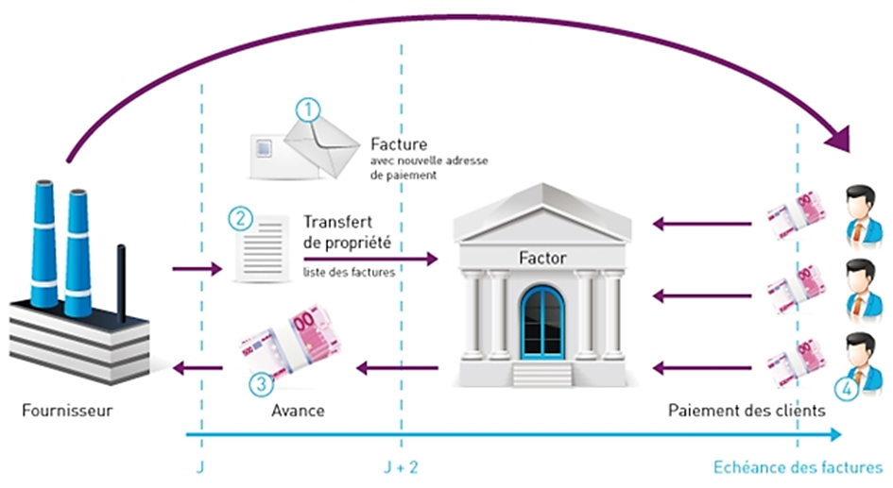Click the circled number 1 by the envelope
click(308, 109)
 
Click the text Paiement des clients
click(747, 411)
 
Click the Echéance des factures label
click(796, 467)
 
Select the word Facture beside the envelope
click(400, 145)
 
